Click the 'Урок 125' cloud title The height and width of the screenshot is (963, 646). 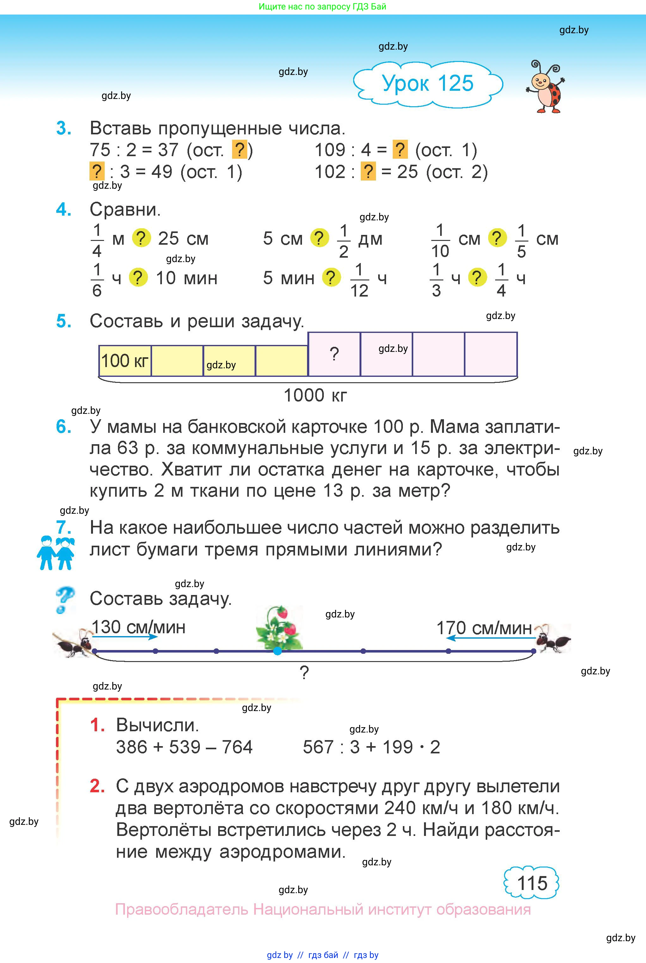pos(428,83)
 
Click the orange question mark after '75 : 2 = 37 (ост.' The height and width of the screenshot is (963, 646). pos(239,150)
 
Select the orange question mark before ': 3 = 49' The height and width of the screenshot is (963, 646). pos(96,171)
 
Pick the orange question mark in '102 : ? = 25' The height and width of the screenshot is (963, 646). pos(368,171)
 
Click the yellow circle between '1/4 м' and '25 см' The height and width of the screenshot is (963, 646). pos(141,238)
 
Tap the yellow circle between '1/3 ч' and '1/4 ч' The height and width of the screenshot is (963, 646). pos(477,278)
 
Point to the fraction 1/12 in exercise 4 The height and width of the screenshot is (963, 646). pos(359,280)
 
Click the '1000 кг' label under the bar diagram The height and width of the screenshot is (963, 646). pos(315,396)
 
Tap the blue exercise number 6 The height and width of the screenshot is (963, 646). pos(64,427)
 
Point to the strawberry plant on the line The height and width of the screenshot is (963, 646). pos(279,627)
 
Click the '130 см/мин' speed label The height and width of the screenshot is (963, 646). pos(138,627)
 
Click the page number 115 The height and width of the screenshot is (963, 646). pos(532,884)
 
